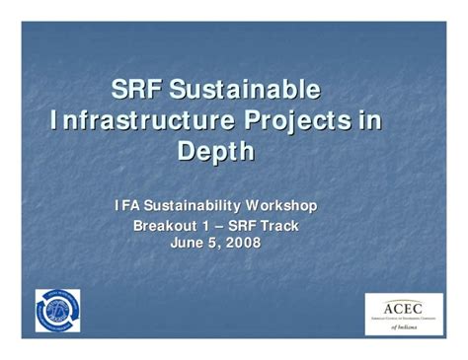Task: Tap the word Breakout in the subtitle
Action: [x=164, y=226]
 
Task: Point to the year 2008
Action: [x=241, y=243]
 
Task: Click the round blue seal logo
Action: [x=57, y=310]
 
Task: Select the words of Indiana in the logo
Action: [x=402, y=326]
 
